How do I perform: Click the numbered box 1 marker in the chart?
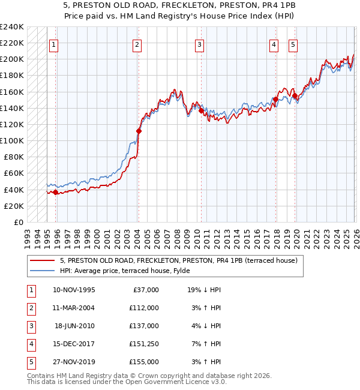[x=54, y=44]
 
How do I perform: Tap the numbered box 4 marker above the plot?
[x=274, y=44]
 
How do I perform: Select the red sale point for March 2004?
[x=139, y=131]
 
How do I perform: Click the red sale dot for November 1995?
[x=56, y=192]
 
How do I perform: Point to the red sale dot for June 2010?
[x=200, y=110]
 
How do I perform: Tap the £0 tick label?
[x=18, y=222]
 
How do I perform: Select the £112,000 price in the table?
[x=145, y=308]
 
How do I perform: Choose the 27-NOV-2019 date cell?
[x=74, y=362]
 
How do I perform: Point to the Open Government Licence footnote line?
[x=127, y=382]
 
